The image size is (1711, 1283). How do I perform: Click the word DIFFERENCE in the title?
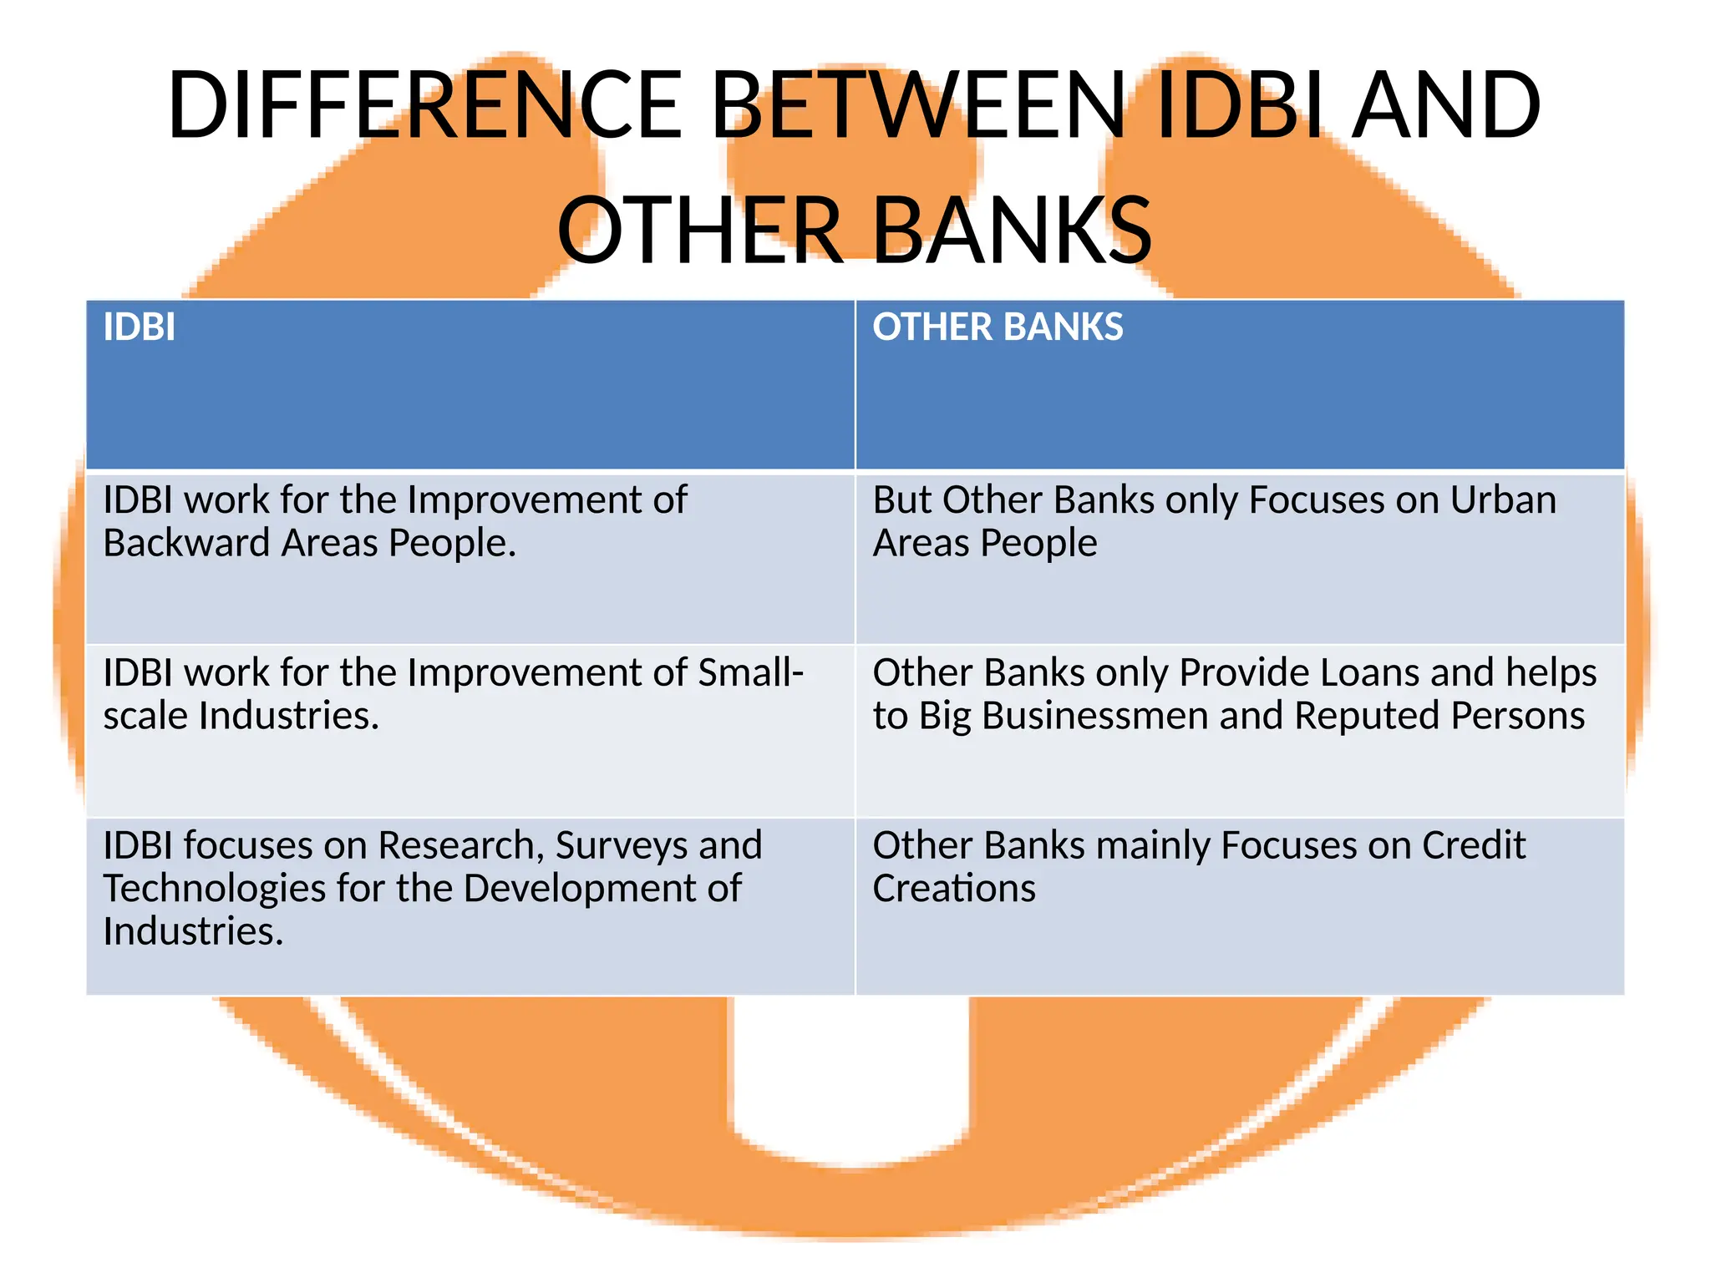[x=424, y=105]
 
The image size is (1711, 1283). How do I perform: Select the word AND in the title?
[x=1445, y=105]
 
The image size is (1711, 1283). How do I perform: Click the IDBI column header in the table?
[x=139, y=327]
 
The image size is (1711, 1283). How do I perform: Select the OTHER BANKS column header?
[x=998, y=327]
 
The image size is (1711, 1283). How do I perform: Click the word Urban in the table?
[x=1503, y=500]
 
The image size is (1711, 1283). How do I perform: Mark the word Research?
[x=461, y=845]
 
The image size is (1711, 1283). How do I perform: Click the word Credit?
[x=1474, y=845]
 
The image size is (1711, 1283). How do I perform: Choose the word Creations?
[x=954, y=888]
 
